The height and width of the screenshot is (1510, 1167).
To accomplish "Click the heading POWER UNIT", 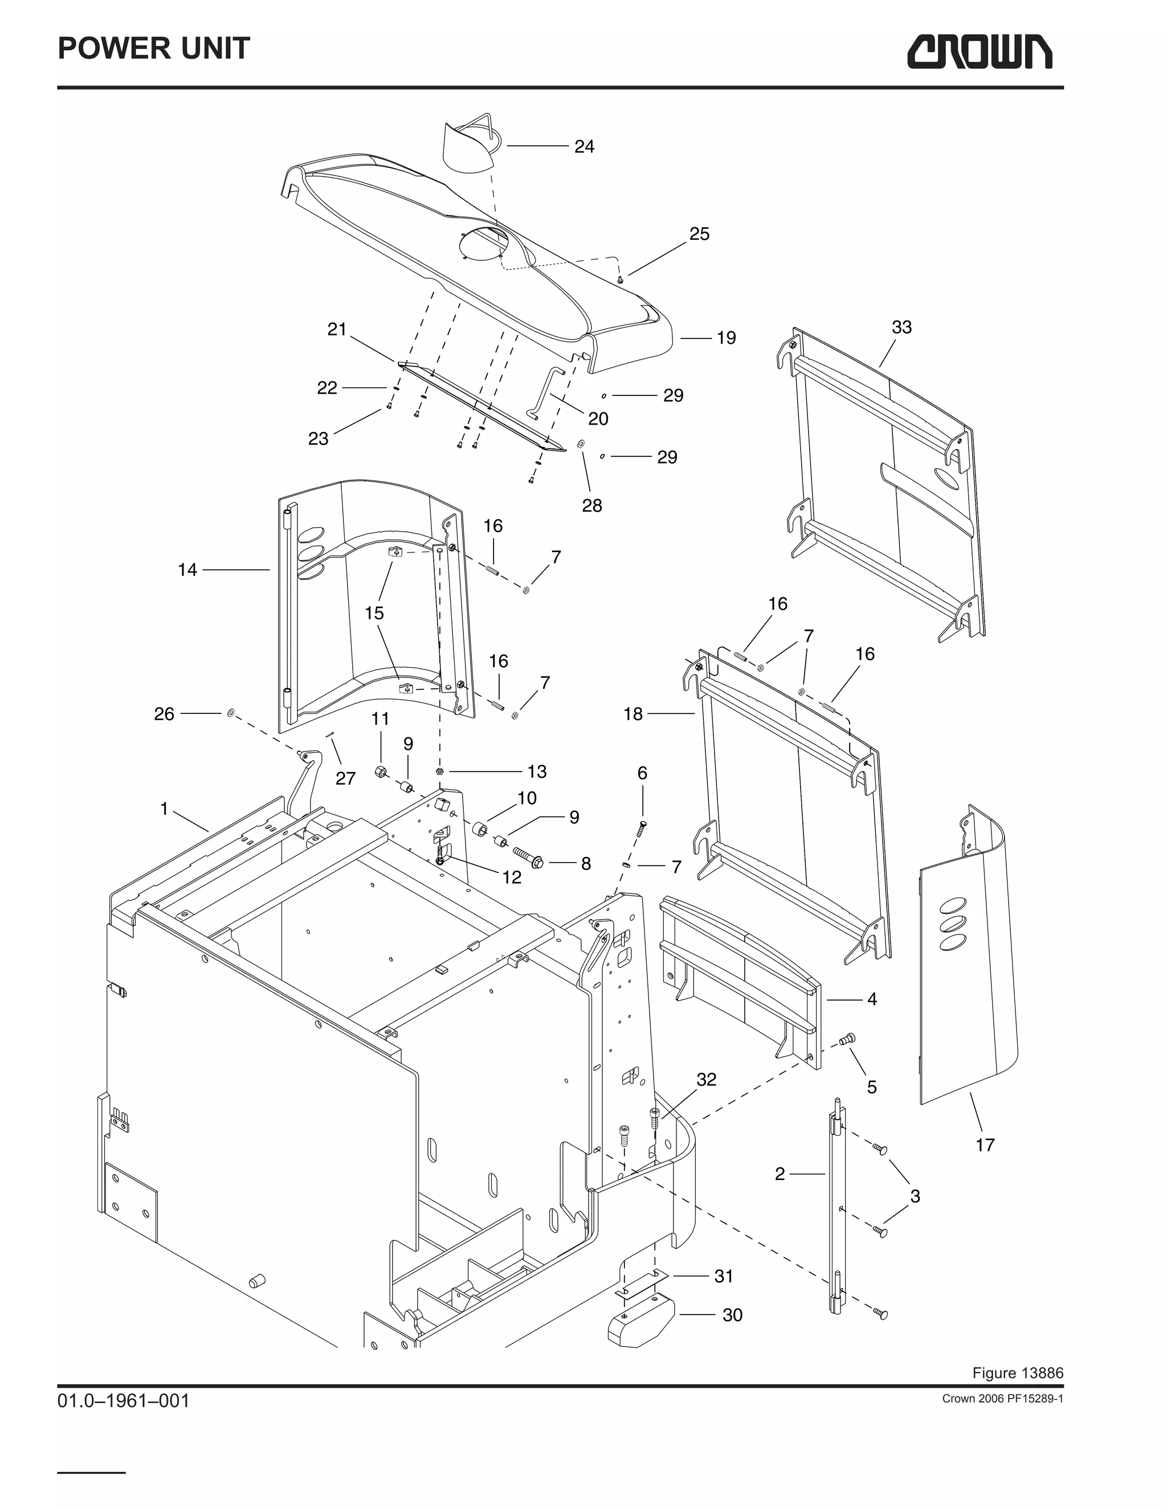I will coord(153,48).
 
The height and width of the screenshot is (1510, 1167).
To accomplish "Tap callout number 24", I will coord(584,146).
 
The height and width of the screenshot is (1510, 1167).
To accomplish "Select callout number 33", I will coord(901,327).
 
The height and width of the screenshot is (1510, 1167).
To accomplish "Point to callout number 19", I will coord(726,338).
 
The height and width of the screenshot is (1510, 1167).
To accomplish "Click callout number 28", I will coord(592,505).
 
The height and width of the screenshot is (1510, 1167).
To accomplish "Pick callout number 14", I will coord(187,570).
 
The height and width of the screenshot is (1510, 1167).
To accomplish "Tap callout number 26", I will coord(164,713).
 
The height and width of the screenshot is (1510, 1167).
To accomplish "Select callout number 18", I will coord(633,713).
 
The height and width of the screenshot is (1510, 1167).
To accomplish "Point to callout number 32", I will coord(707,1079).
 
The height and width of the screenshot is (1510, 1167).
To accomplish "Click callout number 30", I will coord(732,1315).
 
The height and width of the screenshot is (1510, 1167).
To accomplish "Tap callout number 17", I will coord(985,1145).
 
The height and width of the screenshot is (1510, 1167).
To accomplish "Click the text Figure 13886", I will coord(1017,1373).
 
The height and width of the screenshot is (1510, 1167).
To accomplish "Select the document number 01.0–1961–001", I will coord(123,1402).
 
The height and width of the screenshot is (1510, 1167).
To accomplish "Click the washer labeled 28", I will coord(580,443).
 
